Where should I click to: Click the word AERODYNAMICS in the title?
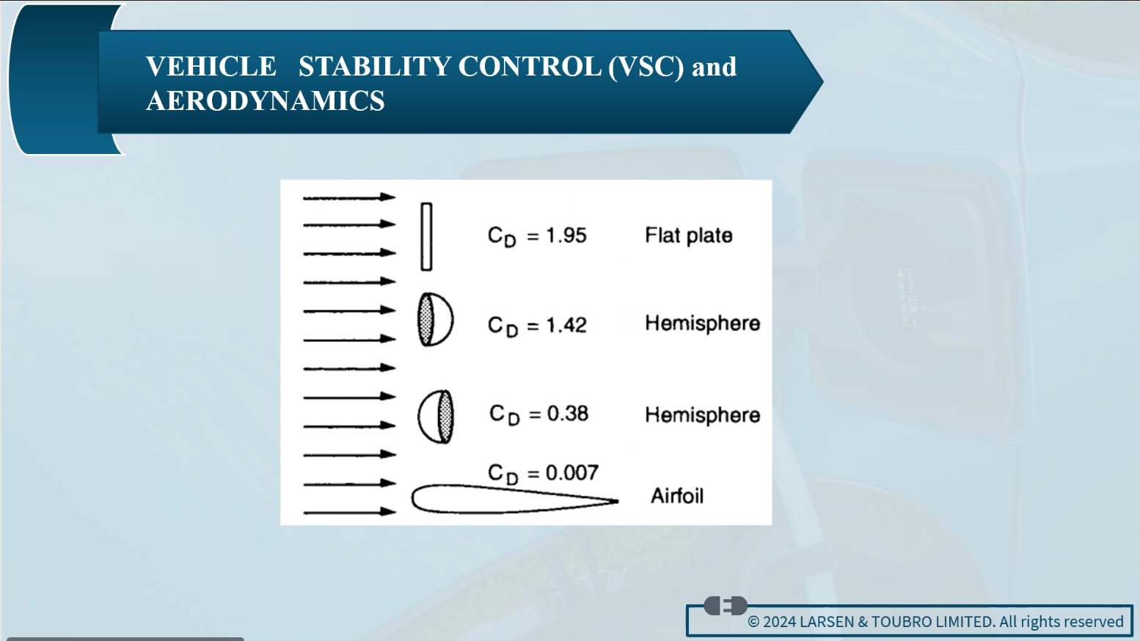click(x=265, y=100)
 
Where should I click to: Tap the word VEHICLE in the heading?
click(x=211, y=67)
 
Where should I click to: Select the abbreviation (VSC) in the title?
click(x=646, y=67)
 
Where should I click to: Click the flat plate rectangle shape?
click(x=426, y=237)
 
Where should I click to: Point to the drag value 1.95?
click(x=566, y=235)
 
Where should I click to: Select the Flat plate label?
click(x=689, y=235)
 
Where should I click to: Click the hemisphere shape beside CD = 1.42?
click(x=436, y=320)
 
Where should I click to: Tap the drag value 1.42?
click(x=566, y=325)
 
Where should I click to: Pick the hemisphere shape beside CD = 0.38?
click(x=436, y=417)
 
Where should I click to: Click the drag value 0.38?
click(x=568, y=414)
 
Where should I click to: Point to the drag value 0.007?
click(x=572, y=473)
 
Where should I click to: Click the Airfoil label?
click(x=677, y=496)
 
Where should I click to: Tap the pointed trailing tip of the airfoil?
click(x=618, y=501)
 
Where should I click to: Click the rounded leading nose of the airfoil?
click(x=412, y=499)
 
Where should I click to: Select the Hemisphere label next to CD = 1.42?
click(x=702, y=323)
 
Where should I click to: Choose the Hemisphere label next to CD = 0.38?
click(x=702, y=415)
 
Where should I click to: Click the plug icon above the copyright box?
click(x=726, y=606)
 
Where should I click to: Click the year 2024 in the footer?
click(x=779, y=622)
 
